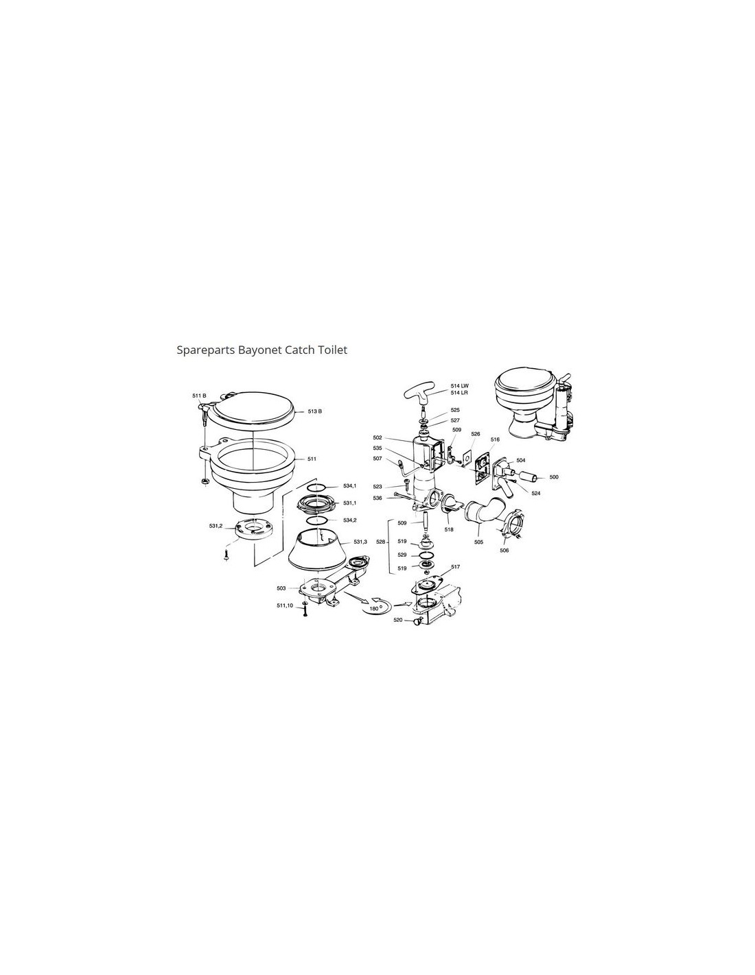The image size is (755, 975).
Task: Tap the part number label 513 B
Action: (315, 411)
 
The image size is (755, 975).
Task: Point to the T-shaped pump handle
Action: (422, 396)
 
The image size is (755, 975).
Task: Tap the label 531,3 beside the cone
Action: (360, 542)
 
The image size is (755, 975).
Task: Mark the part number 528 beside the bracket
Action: (381, 542)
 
